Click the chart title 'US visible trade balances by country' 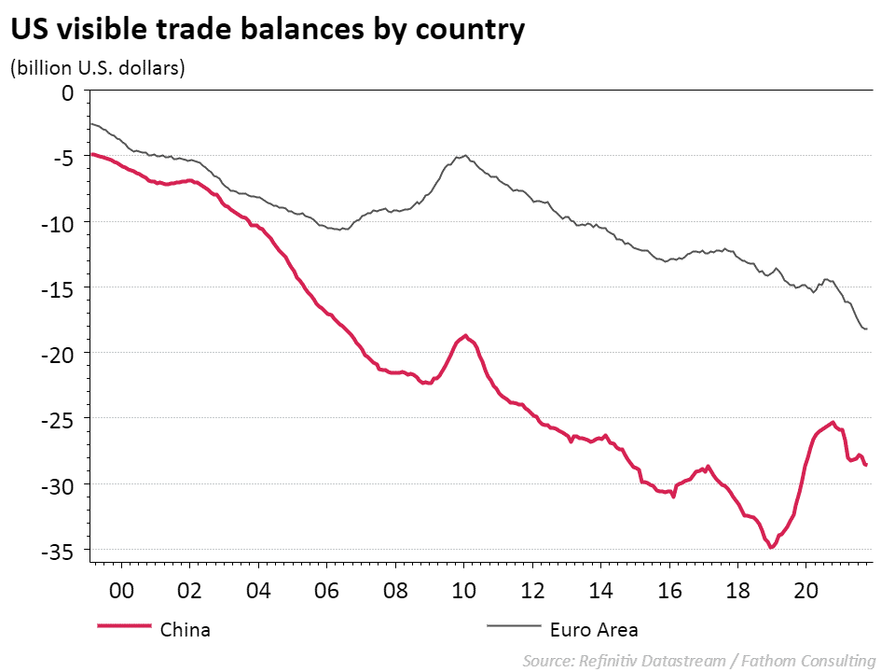[268, 30]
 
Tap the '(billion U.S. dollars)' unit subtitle [97, 68]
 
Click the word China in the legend [186, 629]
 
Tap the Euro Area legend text [594, 629]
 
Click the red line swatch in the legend [123, 627]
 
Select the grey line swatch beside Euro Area [513, 627]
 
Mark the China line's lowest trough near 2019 [772, 547]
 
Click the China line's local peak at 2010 [465, 335]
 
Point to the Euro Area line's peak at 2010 [465, 156]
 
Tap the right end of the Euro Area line [867, 329]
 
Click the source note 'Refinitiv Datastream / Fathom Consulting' [699, 661]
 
